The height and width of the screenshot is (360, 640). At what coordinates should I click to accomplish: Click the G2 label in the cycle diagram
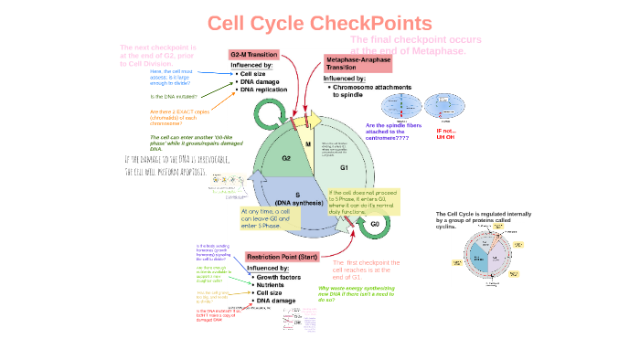point(261,158)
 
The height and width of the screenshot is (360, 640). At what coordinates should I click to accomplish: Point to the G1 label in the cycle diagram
point(344,167)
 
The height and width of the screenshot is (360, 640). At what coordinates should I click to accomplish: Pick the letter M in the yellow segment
point(307,143)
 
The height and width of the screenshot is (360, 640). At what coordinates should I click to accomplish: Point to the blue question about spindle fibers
point(398,130)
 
